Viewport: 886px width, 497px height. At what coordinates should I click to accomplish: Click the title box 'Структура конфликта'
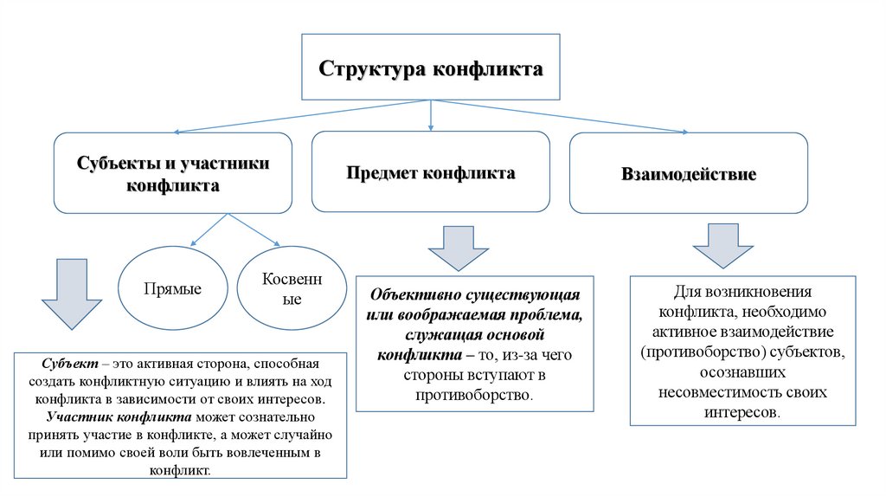click(x=431, y=68)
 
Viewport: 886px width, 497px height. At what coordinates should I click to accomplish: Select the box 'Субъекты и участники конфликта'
click(x=173, y=173)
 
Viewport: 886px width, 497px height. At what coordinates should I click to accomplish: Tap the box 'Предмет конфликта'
click(x=431, y=172)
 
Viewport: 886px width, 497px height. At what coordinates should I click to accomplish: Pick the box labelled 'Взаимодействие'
click(x=689, y=174)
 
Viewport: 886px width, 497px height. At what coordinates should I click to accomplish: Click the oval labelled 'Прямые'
click(x=173, y=288)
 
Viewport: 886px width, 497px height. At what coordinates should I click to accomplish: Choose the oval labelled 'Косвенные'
click(x=281, y=288)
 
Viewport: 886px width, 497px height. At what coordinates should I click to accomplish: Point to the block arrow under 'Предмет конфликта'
click(x=459, y=248)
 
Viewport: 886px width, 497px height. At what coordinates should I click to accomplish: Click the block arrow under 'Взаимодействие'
click(x=723, y=245)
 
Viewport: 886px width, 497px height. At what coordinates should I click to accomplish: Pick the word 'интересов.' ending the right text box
click(x=743, y=412)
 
